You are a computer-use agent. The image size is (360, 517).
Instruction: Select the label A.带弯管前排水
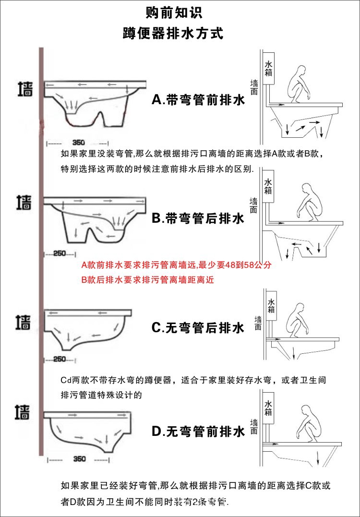pyautogui.click(x=198, y=100)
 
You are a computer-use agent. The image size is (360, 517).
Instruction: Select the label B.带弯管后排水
pyautogui.click(x=198, y=219)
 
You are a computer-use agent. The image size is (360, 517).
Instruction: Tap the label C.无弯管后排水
pyautogui.click(x=198, y=328)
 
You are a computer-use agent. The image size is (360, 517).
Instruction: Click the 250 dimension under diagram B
pyautogui.click(x=60, y=253)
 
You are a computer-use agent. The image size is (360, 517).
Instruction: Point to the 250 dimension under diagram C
pyautogui.click(x=60, y=359)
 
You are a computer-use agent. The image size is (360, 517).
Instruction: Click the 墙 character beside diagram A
pyautogui.click(x=25, y=89)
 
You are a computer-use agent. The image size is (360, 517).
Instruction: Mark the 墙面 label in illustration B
pyautogui.click(x=253, y=205)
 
